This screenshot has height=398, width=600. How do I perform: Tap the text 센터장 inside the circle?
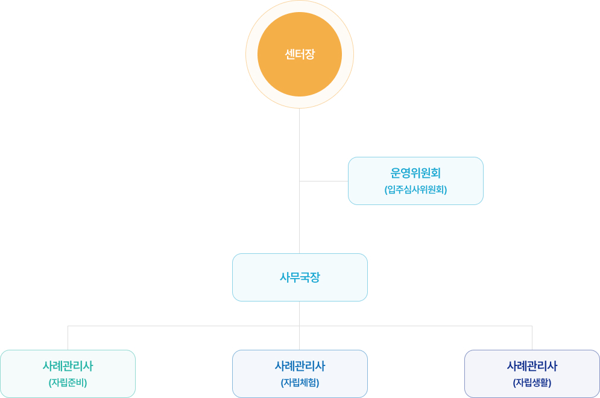pyautogui.click(x=300, y=54)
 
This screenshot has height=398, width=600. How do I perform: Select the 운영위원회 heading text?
pyautogui.click(x=415, y=173)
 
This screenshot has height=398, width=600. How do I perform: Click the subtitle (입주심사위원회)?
pyautogui.click(x=415, y=189)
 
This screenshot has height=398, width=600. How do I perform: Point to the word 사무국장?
pyautogui.click(x=300, y=277)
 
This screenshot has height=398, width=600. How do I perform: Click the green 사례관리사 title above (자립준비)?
pyautogui.click(x=68, y=366)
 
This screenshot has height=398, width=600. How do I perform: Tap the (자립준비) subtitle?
pyautogui.click(x=68, y=382)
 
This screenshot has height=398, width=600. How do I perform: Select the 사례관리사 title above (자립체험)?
pyautogui.click(x=300, y=366)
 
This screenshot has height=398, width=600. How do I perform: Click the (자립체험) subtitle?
pyautogui.click(x=300, y=382)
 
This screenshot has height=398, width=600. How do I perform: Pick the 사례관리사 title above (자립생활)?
pyautogui.click(x=532, y=366)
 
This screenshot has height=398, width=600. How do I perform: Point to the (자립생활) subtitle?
pyautogui.click(x=532, y=382)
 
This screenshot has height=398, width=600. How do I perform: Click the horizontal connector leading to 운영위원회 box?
pyautogui.click(x=324, y=181)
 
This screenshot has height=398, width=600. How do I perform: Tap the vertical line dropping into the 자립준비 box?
pyautogui.click(x=68, y=338)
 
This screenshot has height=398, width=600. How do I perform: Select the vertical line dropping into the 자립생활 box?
pyautogui.click(x=532, y=338)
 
